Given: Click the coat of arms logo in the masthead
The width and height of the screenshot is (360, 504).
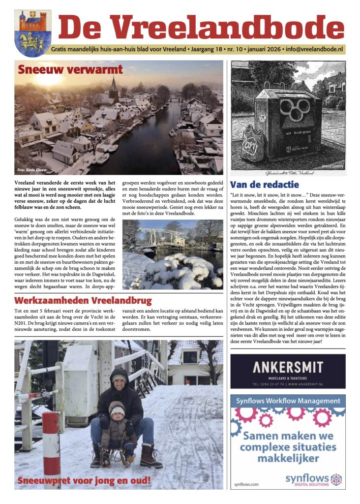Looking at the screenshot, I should click(32, 33).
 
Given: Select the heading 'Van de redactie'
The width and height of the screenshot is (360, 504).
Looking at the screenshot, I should click(264, 185).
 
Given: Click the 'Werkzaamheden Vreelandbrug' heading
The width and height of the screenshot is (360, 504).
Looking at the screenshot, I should click(83, 300).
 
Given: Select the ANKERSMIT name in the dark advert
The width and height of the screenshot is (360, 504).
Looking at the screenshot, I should click(288, 367).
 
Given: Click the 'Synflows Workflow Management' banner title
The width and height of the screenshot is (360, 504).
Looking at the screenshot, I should click(288, 401).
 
